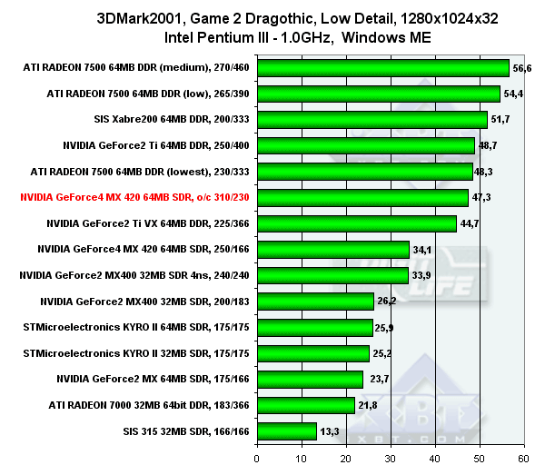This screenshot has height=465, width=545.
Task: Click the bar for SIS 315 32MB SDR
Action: click(x=287, y=431)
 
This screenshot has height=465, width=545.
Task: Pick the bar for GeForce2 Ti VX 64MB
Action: click(x=357, y=223)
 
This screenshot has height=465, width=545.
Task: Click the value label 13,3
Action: click(x=329, y=431)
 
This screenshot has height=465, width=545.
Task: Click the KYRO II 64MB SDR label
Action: click(x=136, y=327)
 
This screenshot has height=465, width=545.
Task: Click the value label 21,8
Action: click(x=367, y=405)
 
